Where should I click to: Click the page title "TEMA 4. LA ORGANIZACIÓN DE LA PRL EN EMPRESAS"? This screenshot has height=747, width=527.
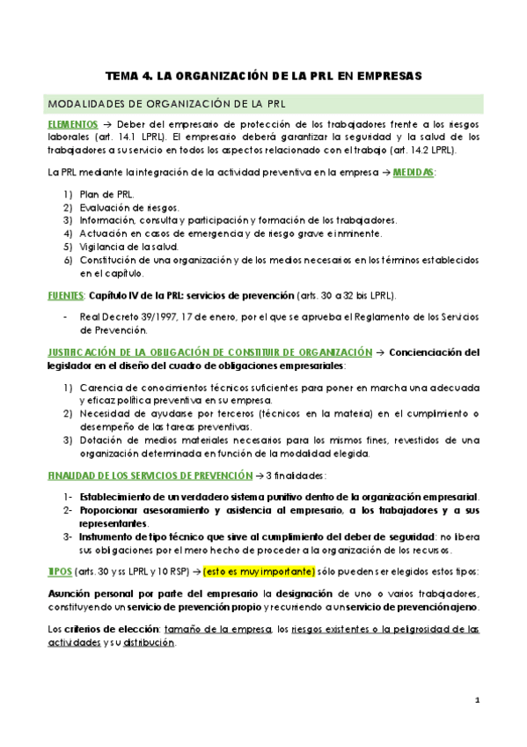coord(263,77)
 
